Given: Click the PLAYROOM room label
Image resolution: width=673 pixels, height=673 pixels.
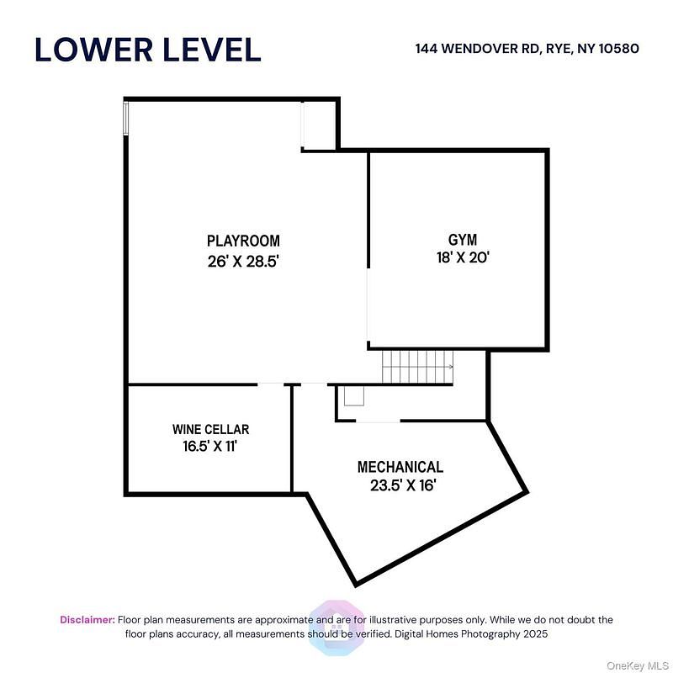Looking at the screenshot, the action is (x=243, y=241).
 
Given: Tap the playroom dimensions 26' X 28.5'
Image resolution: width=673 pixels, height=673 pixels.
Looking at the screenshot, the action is (x=244, y=261).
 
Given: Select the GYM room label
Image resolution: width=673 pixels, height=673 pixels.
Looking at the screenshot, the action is (x=463, y=240).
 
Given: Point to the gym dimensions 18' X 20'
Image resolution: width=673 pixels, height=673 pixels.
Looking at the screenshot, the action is (x=464, y=257).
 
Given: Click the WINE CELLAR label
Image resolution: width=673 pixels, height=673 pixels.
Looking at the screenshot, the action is (x=211, y=429).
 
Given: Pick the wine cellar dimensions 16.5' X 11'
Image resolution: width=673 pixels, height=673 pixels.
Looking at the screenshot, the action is (x=210, y=447).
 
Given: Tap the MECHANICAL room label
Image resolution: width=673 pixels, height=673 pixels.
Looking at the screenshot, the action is (x=400, y=467).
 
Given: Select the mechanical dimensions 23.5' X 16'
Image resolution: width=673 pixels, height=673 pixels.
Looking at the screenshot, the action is (x=404, y=485).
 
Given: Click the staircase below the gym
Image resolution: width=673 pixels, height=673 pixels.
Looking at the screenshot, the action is (x=417, y=367).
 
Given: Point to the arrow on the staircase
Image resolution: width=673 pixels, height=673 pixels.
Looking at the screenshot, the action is (x=450, y=367).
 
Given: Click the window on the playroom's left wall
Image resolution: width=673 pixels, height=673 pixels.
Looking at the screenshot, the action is (x=125, y=118).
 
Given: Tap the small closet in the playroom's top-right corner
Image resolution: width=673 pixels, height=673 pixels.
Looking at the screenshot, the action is (x=319, y=125).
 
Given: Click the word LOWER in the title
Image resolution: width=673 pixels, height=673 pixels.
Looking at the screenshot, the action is (x=93, y=50).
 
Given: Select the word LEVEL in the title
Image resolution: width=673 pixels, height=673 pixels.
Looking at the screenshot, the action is (x=212, y=50).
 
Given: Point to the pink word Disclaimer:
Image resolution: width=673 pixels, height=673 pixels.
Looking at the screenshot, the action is (x=87, y=620).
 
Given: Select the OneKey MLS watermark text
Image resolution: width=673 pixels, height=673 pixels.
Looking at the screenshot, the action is (x=638, y=665).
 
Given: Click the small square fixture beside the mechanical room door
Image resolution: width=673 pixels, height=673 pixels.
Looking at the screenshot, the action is (x=354, y=395).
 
